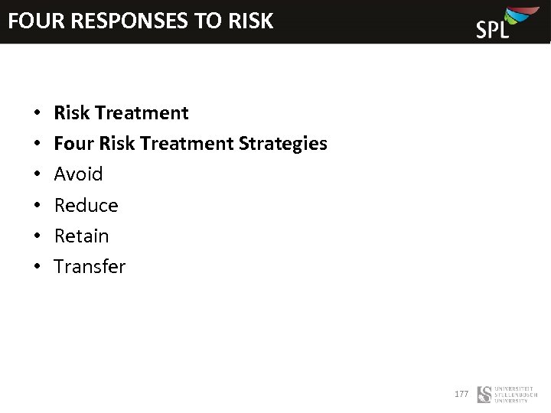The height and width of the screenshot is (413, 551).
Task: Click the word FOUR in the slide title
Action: coord(36,21)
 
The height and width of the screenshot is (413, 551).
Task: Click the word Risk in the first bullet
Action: coord(71,113)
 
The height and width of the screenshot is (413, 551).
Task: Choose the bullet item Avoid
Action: coord(78,174)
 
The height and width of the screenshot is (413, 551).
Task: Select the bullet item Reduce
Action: coord(86,206)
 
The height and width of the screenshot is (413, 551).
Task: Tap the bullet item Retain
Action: coord(81,236)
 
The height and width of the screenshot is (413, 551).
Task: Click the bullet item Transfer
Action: coord(90,267)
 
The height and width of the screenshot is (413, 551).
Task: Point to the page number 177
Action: coord(461,394)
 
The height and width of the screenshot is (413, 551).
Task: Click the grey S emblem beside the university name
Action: coord(484,395)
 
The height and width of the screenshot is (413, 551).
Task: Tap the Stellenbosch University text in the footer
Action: coord(516,395)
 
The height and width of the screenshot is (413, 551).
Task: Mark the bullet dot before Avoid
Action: coord(37,175)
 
